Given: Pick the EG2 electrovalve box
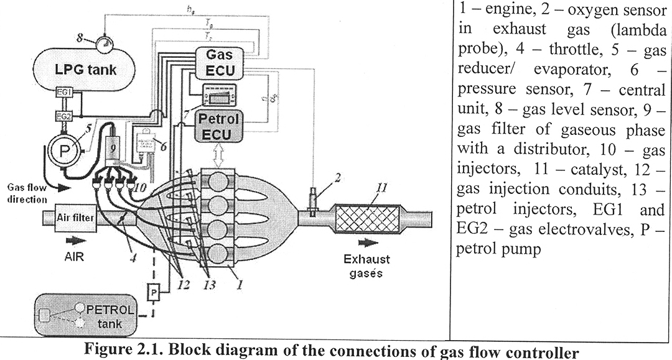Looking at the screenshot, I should (63, 116).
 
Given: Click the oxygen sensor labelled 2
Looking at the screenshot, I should (313, 200).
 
